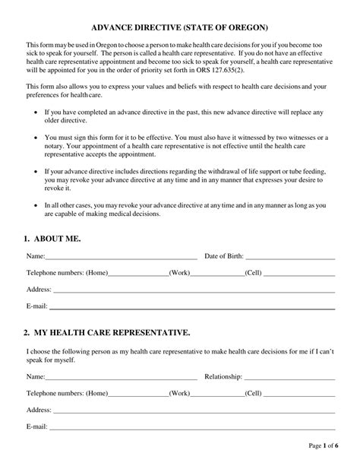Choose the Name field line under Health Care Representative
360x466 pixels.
pos(122,377)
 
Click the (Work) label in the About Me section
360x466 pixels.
pos(179,273)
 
